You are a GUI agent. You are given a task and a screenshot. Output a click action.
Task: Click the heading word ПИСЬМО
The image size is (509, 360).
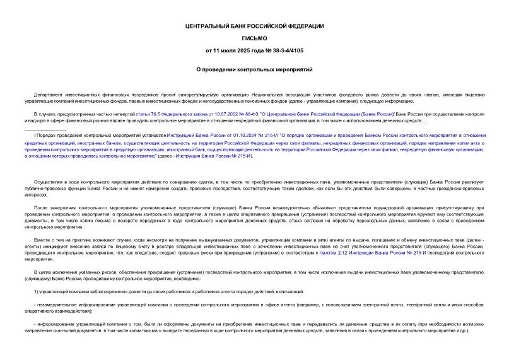(254, 38)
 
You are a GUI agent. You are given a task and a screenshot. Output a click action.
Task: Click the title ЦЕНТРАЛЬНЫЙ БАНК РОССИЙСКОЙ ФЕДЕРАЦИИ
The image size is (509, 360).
(254, 26)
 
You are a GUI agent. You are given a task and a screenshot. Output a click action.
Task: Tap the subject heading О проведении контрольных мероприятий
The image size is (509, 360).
(254, 68)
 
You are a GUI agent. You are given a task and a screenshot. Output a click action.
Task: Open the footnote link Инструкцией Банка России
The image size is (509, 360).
(190, 136)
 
